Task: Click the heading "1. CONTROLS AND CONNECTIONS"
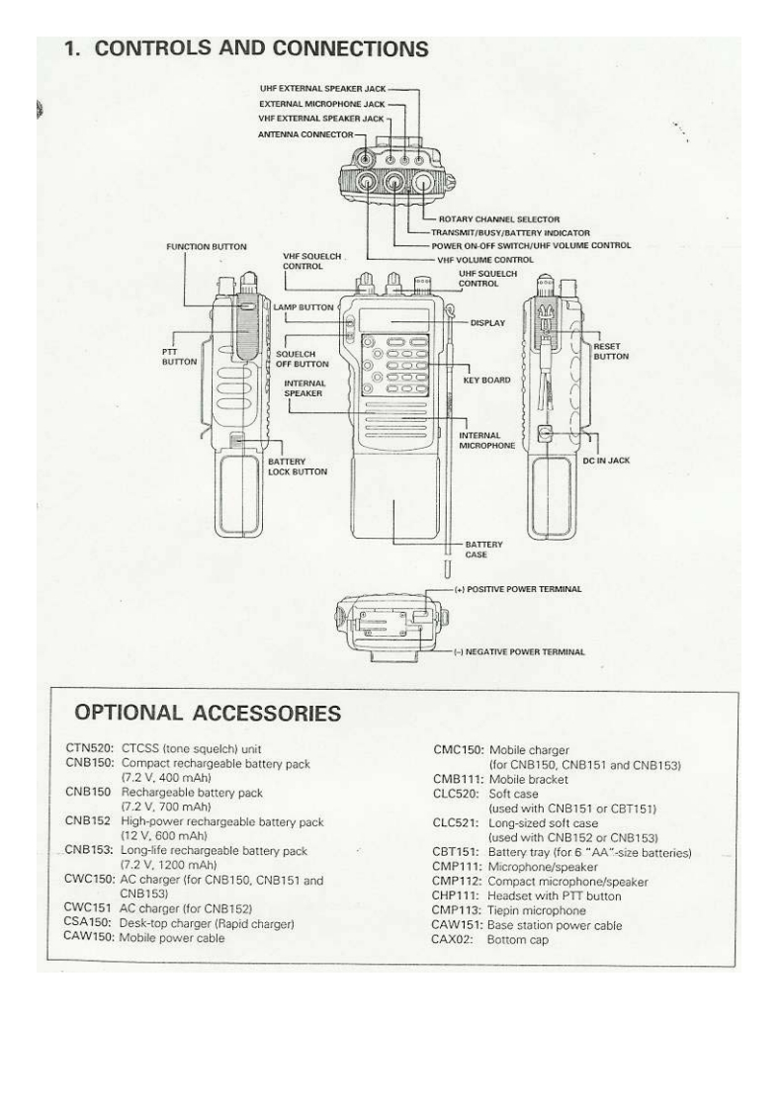(246, 47)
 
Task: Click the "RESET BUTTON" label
(606, 353)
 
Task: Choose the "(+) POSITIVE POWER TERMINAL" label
(531, 588)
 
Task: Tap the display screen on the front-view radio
(393, 321)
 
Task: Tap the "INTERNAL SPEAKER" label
(304, 387)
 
